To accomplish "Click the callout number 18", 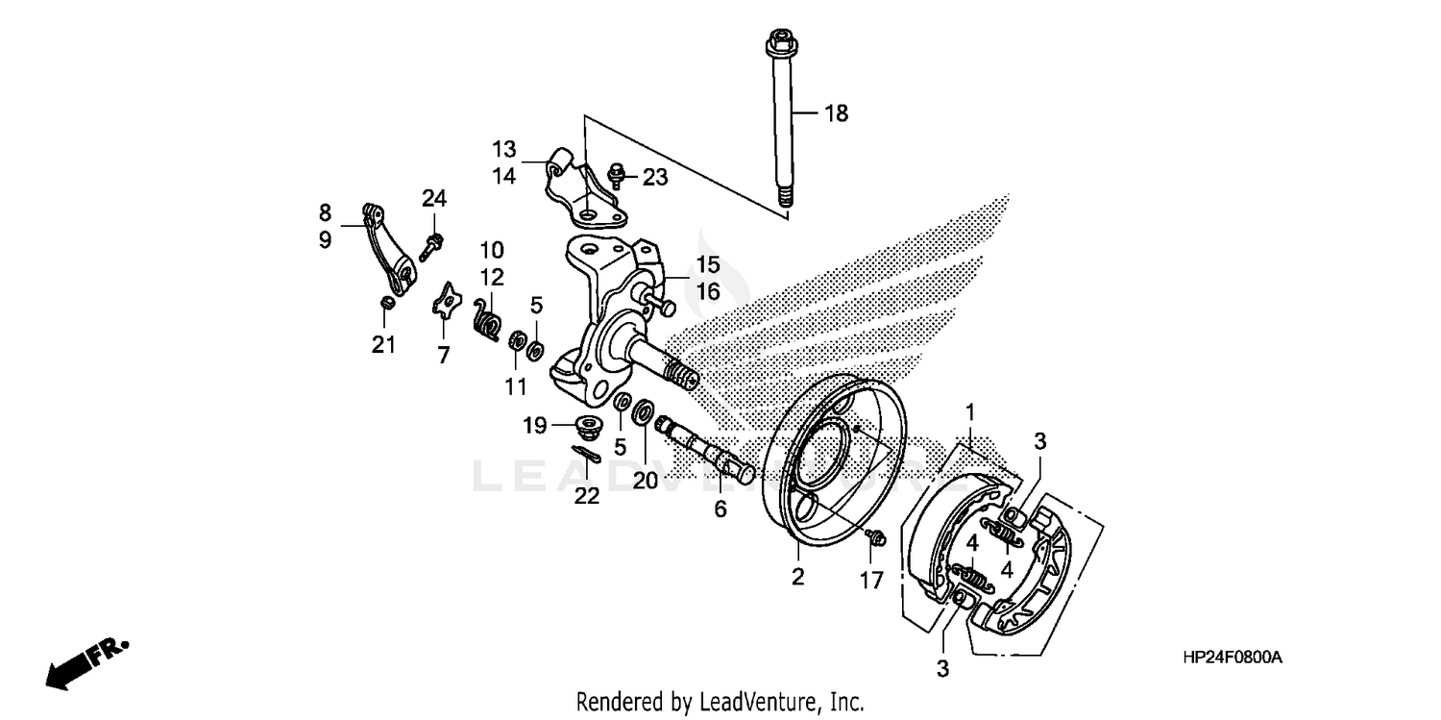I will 836,113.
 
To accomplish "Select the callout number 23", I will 654,177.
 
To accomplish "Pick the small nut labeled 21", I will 386,304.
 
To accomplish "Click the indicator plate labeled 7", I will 444,303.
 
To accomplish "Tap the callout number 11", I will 516,386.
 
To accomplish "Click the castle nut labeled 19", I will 586,425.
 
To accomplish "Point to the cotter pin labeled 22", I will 585,454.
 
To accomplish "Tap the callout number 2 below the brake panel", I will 797,577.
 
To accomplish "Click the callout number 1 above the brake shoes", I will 970,412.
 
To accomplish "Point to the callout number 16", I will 707,291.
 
